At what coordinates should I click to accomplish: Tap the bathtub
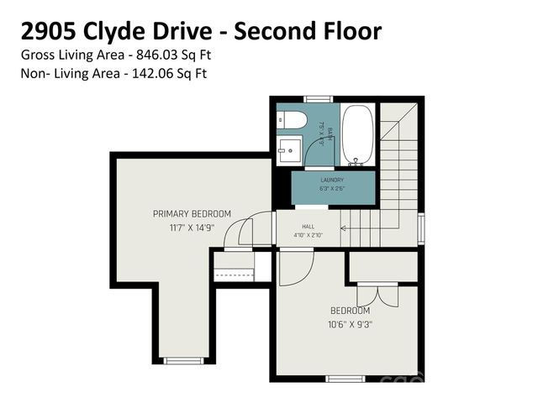[359, 134]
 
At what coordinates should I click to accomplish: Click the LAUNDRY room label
[332, 180]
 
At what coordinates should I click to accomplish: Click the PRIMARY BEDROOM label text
[192, 214]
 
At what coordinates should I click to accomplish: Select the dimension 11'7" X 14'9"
[192, 228]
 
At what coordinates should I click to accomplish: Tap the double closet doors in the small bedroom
[379, 296]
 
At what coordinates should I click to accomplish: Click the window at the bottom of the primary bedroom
[183, 361]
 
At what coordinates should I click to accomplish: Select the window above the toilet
[317, 99]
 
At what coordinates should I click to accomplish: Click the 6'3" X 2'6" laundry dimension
[332, 189]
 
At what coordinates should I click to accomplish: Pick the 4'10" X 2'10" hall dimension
[308, 236]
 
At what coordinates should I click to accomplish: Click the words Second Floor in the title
[308, 32]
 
